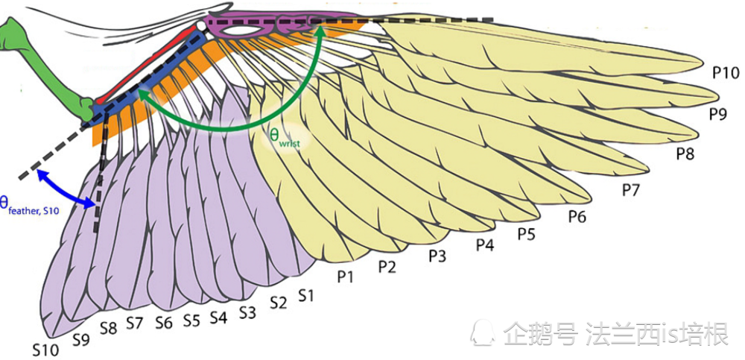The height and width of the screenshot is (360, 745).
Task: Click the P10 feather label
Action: tap(726, 73)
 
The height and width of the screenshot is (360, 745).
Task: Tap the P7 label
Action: tap(632, 190)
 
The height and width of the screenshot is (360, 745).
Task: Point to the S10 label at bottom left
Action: tap(45, 350)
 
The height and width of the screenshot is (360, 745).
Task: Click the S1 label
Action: tap(305, 296)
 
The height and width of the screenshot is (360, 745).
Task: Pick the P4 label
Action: tap(485, 245)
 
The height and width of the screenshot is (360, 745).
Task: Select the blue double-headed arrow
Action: tap(65, 189)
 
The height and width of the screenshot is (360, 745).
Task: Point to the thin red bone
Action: tap(148, 63)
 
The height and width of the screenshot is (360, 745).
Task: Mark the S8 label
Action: tap(108, 328)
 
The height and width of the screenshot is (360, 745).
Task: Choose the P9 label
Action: tap(718, 113)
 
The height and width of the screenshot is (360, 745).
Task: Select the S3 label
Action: tap(247, 312)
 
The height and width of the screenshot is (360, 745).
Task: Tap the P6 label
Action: tap(578, 217)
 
